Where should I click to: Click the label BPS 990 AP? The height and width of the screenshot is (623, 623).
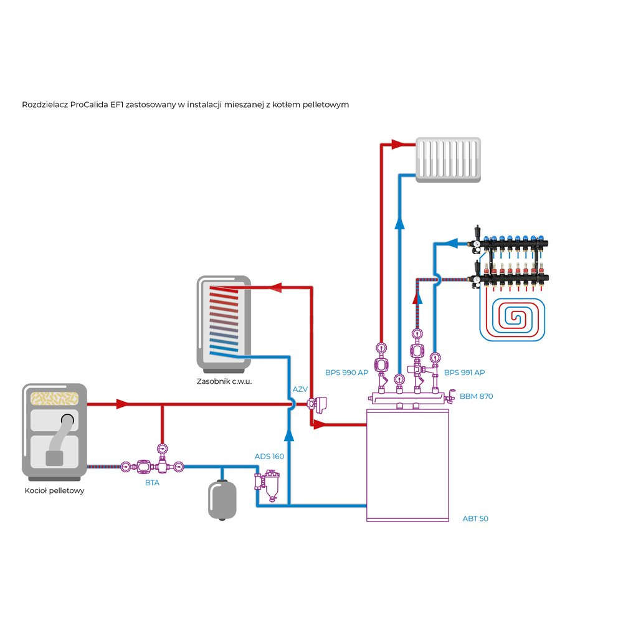click(x=346, y=373)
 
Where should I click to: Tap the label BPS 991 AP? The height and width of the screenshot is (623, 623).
click(x=464, y=373)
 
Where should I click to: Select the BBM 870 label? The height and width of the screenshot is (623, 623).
click(x=477, y=396)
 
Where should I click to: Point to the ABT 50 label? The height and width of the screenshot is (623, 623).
click(x=475, y=518)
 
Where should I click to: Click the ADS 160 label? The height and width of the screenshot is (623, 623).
click(x=269, y=457)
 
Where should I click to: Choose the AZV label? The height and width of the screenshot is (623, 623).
click(x=300, y=389)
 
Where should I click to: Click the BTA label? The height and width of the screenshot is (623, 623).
click(x=153, y=482)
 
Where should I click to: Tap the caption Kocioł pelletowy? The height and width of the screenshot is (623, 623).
click(x=54, y=490)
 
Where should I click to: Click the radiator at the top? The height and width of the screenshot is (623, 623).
click(x=449, y=159)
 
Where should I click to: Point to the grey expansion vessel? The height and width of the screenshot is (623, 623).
click(x=222, y=498)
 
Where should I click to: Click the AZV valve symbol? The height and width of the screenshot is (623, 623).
click(x=320, y=405)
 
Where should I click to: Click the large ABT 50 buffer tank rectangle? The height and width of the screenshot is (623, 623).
click(x=407, y=464)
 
